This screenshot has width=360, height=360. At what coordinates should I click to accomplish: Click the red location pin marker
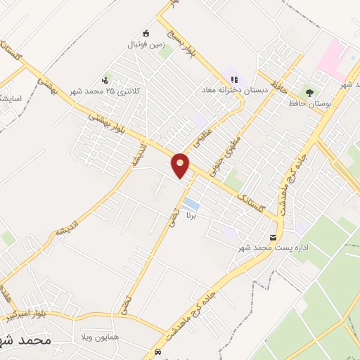(181, 165)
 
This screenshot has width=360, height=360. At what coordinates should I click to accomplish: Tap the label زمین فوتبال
(145, 44)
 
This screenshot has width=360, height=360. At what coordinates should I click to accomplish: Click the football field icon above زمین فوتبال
(146, 32)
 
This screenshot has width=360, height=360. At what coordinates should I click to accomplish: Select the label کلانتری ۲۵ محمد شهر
(105, 91)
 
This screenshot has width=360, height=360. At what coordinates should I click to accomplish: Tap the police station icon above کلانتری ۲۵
(105, 79)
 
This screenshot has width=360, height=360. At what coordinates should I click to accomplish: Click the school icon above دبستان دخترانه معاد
(233, 79)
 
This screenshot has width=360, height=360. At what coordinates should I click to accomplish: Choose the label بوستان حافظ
(308, 103)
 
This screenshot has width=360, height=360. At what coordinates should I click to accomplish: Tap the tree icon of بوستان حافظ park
(308, 92)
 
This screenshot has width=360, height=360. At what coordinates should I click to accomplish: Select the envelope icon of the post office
(273, 236)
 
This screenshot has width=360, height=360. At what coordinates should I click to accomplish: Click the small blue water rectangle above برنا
(190, 205)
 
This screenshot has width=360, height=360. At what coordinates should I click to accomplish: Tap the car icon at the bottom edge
(156, 352)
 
